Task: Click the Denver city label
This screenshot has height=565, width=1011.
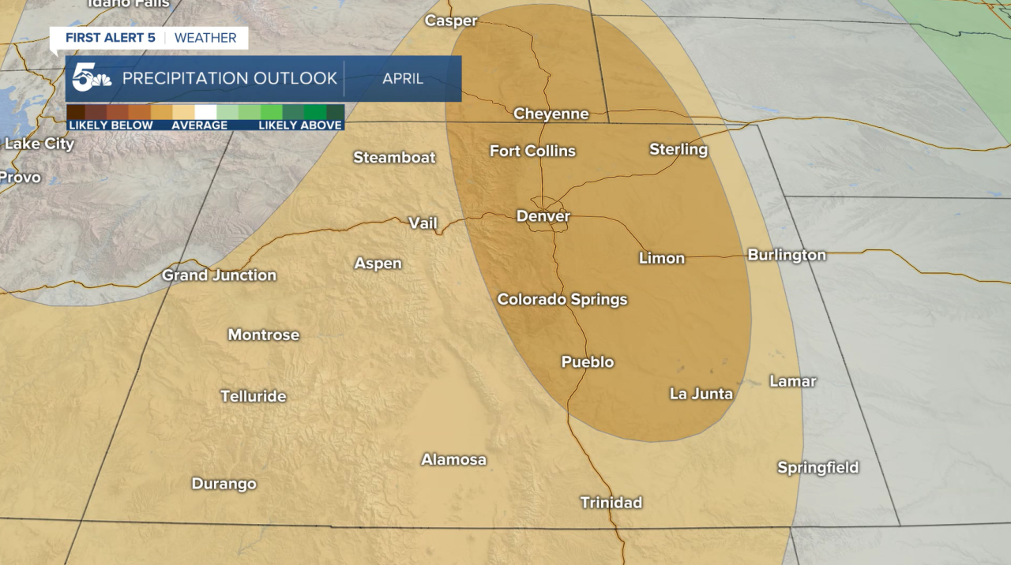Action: (543, 216)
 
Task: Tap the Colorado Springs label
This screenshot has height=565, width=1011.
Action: (562, 300)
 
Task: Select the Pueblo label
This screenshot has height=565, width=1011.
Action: (588, 362)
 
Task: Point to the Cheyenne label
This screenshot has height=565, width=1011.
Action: (551, 114)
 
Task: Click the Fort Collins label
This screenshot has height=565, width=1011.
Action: (532, 151)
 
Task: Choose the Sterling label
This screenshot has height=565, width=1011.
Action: (678, 149)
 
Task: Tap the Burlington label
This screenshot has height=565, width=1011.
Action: (787, 255)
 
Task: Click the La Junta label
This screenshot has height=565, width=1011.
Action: (701, 394)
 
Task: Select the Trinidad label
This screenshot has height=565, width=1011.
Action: (611, 503)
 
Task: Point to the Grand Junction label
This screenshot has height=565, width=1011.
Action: (219, 275)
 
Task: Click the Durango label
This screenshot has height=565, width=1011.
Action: (224, 484)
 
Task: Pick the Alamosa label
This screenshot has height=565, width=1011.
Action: (453, 459)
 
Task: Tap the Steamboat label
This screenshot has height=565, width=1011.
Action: (394, 158)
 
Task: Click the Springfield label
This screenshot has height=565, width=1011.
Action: (818, 468)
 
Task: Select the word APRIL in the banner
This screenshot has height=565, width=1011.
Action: (403, 79)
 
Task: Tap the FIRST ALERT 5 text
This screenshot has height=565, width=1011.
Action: (111, 38)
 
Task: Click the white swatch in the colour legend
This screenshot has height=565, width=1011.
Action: (205, 112)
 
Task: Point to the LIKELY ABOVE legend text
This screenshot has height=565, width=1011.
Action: (300, 125)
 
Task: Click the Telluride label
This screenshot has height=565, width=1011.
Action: (253, 396)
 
